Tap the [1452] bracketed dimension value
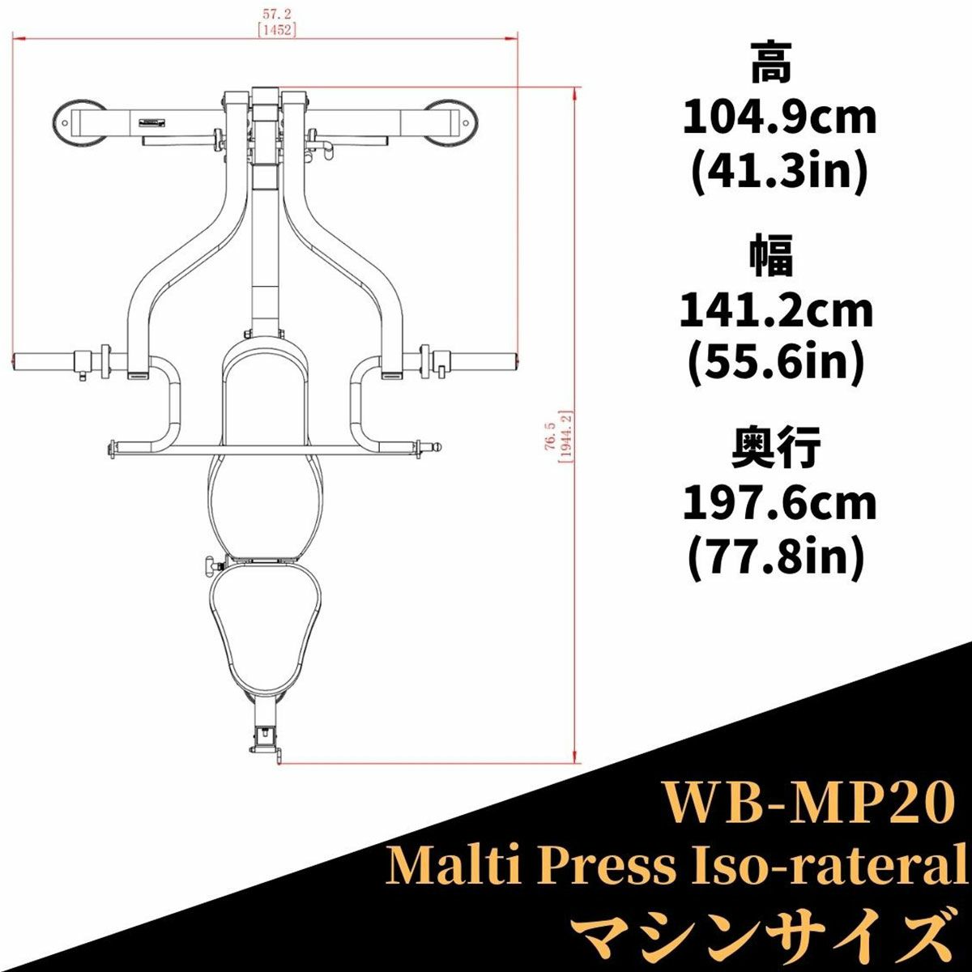[x=276, y=29]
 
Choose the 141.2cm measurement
[x=777, y=312]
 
